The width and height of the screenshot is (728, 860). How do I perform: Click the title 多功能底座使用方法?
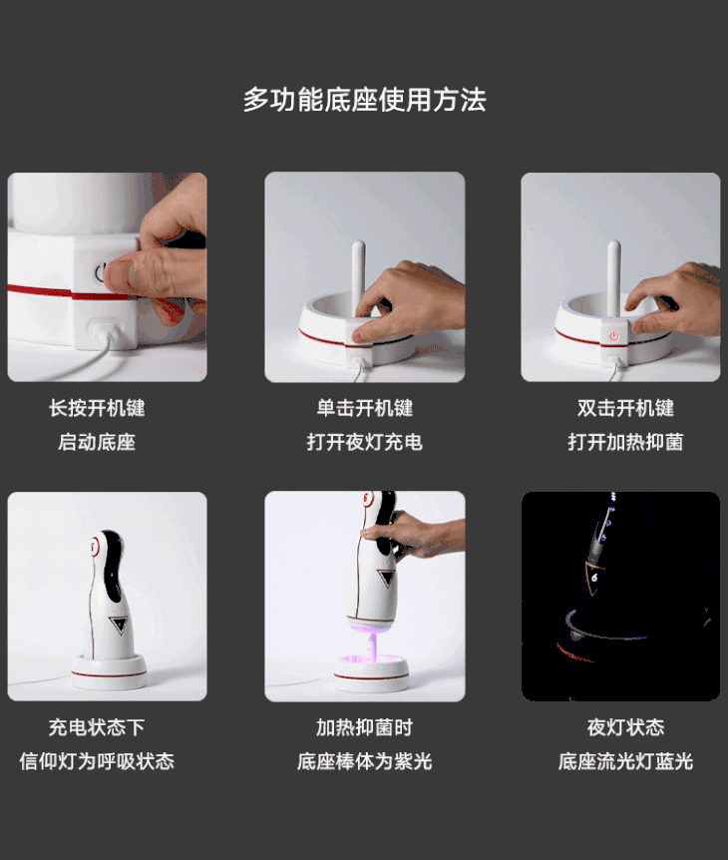365,100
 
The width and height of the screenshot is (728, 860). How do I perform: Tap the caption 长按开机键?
97,408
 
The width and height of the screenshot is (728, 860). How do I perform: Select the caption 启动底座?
97,442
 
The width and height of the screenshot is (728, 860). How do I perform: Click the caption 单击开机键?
365,408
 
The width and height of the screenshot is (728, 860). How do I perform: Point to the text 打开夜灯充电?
365,442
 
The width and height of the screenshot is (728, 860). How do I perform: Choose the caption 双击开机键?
625,408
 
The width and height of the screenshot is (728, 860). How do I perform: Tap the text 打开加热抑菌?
625,442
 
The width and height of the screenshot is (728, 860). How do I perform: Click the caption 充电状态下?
97,728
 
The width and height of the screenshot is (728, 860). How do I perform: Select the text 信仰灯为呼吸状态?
97,761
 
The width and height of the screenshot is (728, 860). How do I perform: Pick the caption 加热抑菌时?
365,728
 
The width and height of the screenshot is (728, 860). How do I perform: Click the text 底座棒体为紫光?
365,761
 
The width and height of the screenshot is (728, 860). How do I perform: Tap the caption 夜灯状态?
625,728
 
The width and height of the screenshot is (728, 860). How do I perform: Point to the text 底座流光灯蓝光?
625,761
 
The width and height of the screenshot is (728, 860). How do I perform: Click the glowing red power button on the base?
614,336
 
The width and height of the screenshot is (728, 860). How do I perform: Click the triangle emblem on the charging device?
119,625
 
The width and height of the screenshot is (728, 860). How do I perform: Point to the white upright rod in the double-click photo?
614,277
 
